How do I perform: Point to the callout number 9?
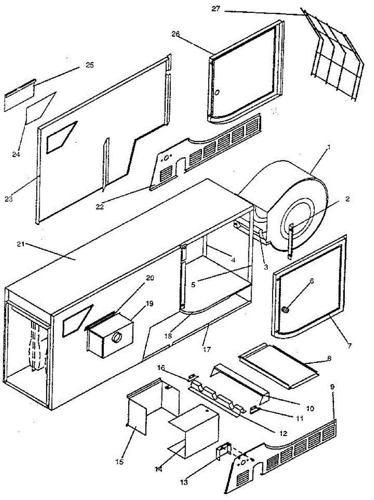(332, 387)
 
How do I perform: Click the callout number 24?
(16, 155)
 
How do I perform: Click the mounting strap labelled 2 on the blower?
(290, 237)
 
